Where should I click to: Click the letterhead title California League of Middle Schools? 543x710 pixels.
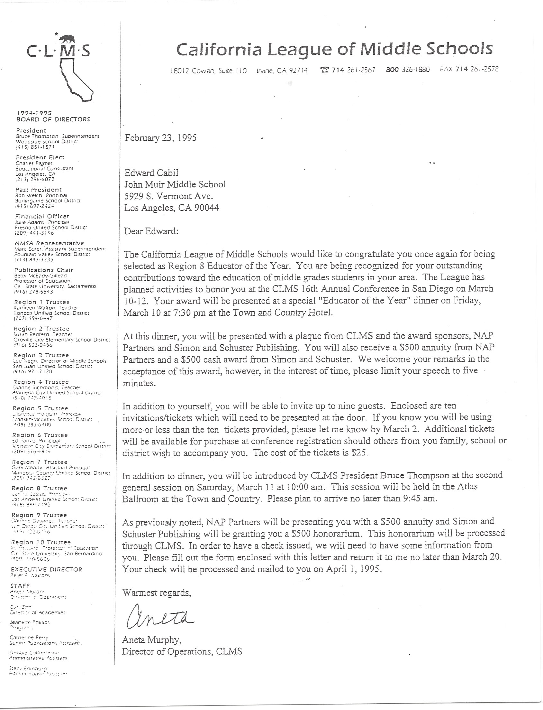pyautogui.click(x=334, y=49)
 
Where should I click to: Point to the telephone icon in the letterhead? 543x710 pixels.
pyautogui.click(x=324, y=70)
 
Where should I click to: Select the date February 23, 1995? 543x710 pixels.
pyautogui.click(x=161, y=138)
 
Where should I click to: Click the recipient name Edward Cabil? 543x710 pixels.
pyautogui.click(x=151, y=173)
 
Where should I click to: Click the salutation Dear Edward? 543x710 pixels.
pyautogui.click(x=151, y=231)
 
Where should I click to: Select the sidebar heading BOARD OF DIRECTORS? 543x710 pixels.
pyautogui.click(x=53, y=119)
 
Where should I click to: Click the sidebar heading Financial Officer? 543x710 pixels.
pyautogui.click(x=42, y=217)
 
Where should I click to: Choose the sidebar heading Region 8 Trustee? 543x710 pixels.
pyautogui.click(x=40, y=488)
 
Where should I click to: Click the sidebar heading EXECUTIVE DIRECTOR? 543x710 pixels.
pyautogui.click(x=47, y=570)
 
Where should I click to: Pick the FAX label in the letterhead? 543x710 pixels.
pyautogui.click(x=446, y=69)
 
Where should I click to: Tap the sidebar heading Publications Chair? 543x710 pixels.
pyautogui.click(x=44, y=270)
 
